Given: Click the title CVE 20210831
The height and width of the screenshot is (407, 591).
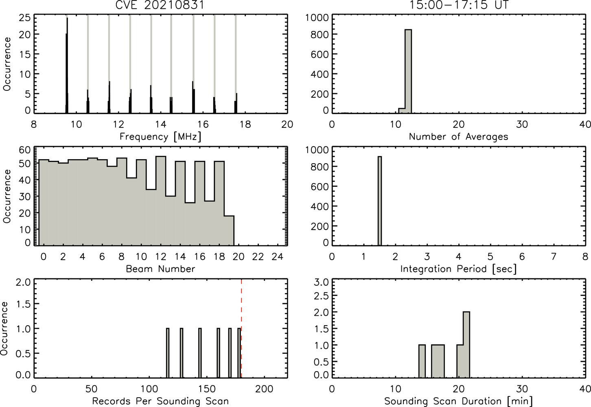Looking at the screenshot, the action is point(160,5).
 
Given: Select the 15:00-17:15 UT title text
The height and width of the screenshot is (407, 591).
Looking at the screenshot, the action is point(459,5).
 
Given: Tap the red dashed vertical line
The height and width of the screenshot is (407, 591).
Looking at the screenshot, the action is point(241,329).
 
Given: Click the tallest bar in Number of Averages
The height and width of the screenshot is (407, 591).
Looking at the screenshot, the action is point(408,71).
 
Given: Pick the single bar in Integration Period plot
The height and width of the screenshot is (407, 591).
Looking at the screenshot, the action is point(380,201).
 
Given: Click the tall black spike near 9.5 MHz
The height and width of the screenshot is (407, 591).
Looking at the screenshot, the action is point(67,66).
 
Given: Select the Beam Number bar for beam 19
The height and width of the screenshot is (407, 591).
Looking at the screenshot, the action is point(229,231).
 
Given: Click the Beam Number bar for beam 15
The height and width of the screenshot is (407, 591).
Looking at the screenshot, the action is point(190,224).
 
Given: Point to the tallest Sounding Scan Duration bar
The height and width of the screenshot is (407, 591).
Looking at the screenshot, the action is point(466,345).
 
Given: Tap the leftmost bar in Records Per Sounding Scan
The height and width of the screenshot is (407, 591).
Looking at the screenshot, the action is point(168,353).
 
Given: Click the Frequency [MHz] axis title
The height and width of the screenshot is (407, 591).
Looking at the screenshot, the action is point(160,137).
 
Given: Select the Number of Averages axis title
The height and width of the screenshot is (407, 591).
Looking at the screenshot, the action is point(459,137).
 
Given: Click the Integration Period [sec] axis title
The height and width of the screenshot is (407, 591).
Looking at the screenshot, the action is point(459,269).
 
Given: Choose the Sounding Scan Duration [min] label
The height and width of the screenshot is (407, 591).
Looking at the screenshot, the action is point(459,401).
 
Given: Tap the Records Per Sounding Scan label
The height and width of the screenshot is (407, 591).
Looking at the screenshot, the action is point(160,401).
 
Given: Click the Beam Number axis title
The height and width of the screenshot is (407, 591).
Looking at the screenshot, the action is point(160,269).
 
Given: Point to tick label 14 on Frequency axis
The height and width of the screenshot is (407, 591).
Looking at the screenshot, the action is point(161,124).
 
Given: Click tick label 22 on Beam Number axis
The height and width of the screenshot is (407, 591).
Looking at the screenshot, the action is point(258,256).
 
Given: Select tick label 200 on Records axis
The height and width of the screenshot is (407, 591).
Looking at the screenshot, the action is point(265,389).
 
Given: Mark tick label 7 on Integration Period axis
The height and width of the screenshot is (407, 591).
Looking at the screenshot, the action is point(554,256).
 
